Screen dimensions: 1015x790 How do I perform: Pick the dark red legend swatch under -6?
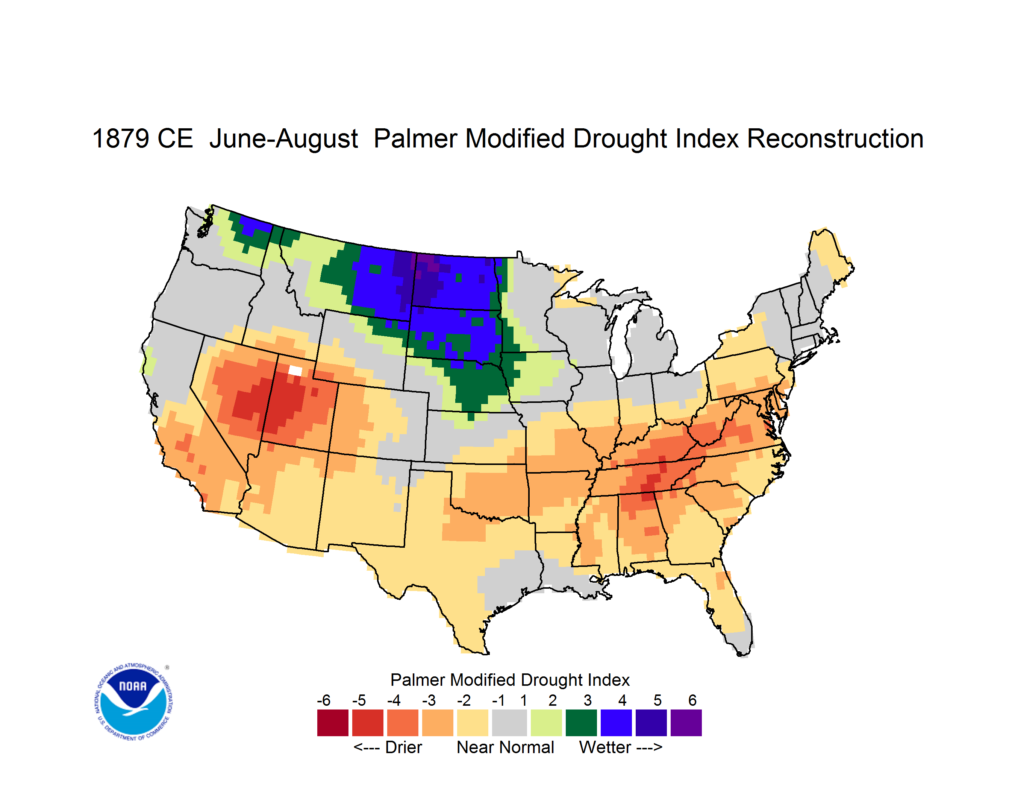click(x=333, y=723)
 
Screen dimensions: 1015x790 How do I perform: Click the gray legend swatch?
click(x=509, y=723)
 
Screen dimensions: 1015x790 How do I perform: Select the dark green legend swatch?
click(x=581, y=723)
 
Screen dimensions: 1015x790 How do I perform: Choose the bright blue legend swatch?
click(x=616, y=723)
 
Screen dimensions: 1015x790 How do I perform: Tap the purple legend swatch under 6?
click(x=686, y=723)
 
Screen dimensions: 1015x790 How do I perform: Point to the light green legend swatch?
click(x=546, y=723)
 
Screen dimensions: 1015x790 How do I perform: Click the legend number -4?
click(x=394, y=700)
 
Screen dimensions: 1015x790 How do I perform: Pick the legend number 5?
click(x=657, y=700)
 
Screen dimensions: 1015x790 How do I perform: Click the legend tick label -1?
click(x=498, y=700)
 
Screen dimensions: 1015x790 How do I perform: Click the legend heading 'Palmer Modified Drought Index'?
click(x=510, y=680)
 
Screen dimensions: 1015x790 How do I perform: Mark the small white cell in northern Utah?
click(x=295, y=371)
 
